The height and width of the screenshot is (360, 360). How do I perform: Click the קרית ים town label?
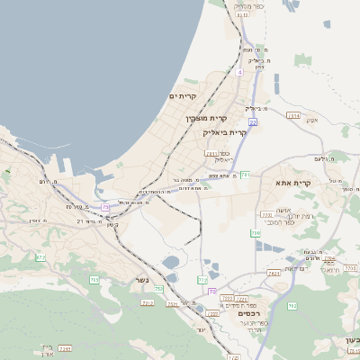(x=183, y=96)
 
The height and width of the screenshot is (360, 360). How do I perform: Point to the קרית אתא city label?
(x=292, y=183)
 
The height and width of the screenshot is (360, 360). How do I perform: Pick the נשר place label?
(x=141, y=280)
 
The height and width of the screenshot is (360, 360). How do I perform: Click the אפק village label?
(x=311, y=121)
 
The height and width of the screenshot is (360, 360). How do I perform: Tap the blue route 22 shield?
(x=254, y=121)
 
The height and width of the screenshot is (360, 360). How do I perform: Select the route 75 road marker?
(x=105, y=207)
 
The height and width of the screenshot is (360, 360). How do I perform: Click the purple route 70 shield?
(x=211, y=291)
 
